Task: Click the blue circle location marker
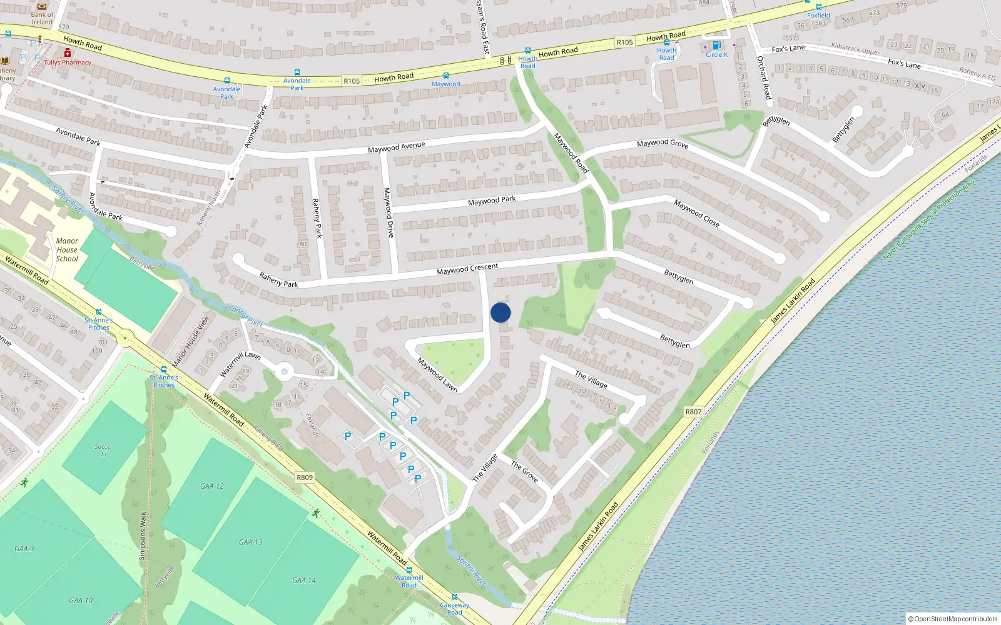click(x=500, y=312)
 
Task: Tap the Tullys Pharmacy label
click(x=68, y=62)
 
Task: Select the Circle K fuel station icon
click(x=716, y=45)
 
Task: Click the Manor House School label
click(x=67, y=250)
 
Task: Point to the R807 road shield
click(x=693, y=412)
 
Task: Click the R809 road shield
click(x=305, y=477)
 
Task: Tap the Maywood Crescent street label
click(x=467, y=269)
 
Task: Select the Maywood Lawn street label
click(x=437, y=374)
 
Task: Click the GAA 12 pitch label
click(x=211, y=486)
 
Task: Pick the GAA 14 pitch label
click(x=304, y=580)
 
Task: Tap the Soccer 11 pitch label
click(x=104, y=450)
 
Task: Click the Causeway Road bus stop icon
click(x=455, y=597)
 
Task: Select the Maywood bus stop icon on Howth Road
click(x=445, y=76)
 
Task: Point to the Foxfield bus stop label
click(x=818, y=16)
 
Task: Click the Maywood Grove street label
click(x=663, y=144)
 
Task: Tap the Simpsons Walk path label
click(x=143, y=536)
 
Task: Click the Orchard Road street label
click(x=764, y=77)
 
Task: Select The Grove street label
click(x=524, y=471)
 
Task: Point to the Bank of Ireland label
click(x=42, y=18)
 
